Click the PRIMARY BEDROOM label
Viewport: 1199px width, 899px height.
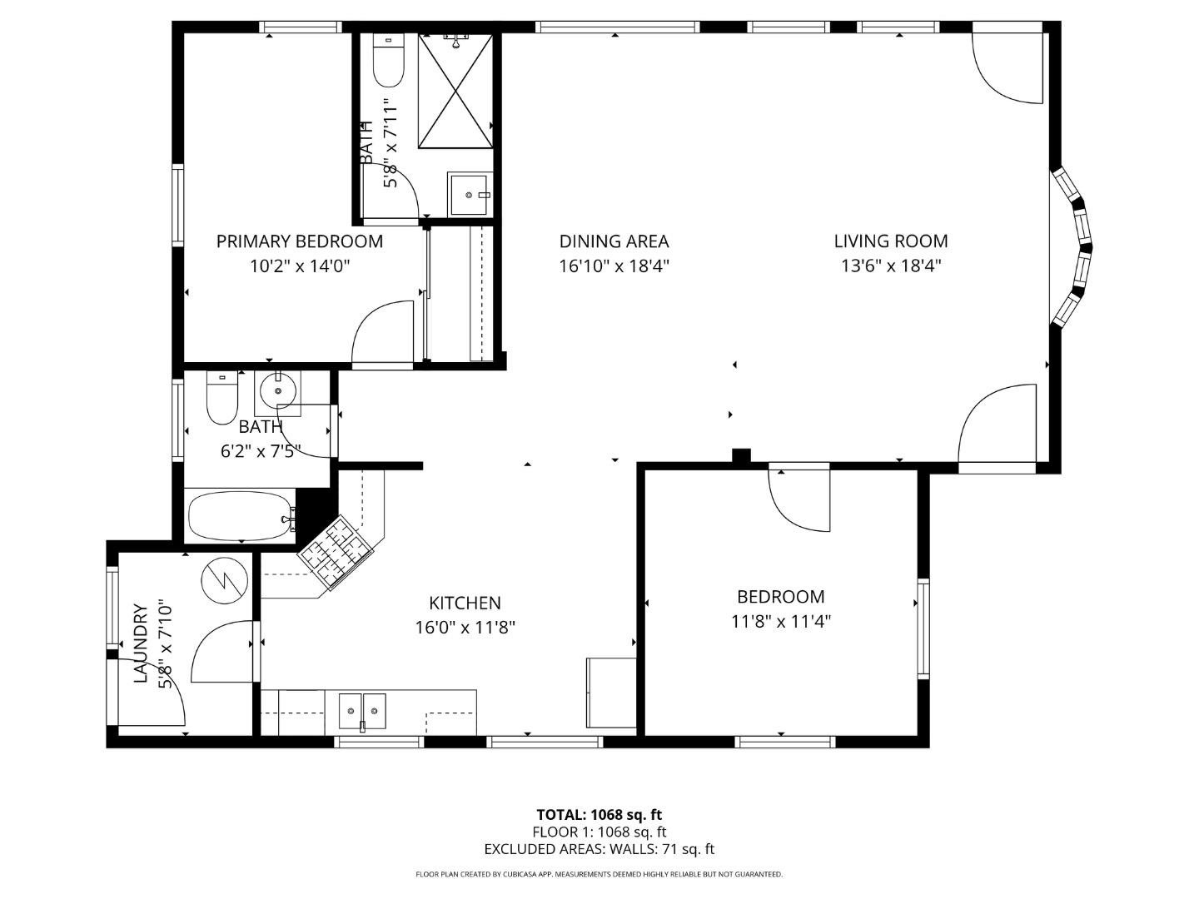point(300,241)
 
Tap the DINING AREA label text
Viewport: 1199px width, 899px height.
point(614,241)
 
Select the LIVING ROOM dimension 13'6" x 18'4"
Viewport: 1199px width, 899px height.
point(891,266)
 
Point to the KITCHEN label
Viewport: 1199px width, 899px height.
point(465,603)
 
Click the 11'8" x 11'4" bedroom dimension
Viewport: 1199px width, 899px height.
point(781,621)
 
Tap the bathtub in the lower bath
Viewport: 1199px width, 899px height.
point(241,518)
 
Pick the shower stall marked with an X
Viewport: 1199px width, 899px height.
point(455,92)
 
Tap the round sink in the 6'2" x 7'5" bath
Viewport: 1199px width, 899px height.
point(276,390)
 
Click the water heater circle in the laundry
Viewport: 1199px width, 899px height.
point(225,579)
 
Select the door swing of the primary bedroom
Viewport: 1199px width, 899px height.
point(383,335)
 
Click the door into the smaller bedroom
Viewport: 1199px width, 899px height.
point(799,499)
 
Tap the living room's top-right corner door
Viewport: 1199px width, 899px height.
point(1009,67)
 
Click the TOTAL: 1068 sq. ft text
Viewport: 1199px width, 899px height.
point(599,815)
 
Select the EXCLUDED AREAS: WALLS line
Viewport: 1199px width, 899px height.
point(599,849)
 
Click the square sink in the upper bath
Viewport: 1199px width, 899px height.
point(470,194)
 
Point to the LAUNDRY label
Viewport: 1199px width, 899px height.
point(142,643)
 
